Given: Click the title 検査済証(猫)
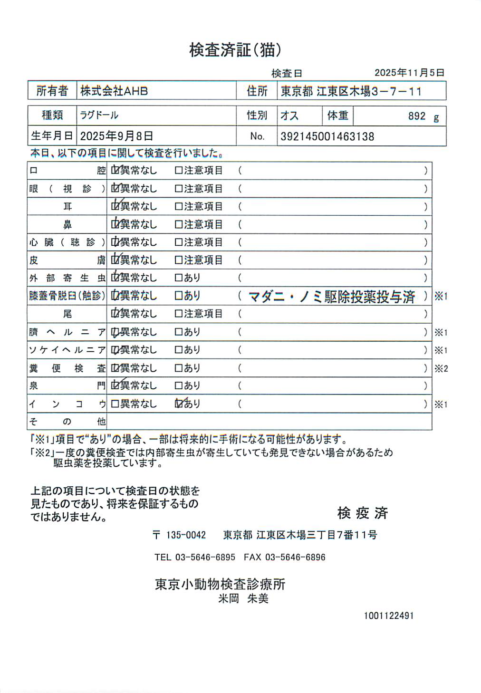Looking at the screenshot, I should coord(235,50).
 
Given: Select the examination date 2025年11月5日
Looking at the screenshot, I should coord(409,73).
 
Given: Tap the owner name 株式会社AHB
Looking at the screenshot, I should coord(114,91).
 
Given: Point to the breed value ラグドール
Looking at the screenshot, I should coord(99,115).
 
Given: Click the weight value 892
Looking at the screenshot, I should coord(416,116).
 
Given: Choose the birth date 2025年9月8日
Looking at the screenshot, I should coord(116,136).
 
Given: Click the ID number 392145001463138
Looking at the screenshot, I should coord(327,137).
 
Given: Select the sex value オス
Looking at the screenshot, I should coord(289,115).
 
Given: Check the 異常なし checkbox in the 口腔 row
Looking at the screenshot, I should coord(115,170).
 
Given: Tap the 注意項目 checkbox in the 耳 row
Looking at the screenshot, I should coord(179,206).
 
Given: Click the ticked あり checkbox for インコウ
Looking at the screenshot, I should coord(179,404).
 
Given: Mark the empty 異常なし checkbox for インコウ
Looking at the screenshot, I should coord(115,404).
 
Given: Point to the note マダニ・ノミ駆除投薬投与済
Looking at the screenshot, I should coord(332,297).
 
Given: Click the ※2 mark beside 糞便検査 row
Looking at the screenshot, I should coord(441,368).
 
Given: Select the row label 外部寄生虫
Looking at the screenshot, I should coord(67,278).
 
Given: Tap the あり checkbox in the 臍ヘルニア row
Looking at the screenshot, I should coord(179,332).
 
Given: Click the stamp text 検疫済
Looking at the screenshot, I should coord(363,513).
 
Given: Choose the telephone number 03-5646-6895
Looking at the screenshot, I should coord(205,557).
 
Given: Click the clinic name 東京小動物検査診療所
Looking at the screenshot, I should coord(220,584).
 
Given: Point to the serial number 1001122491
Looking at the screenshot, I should coord(389,616).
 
